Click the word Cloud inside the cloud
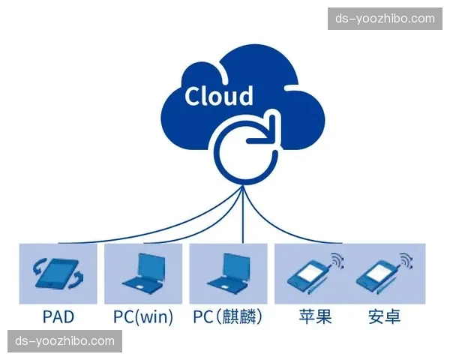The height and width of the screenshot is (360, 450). pyautogui.click(x=219, y=96)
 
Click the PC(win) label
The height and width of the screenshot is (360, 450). pyautogui.click(x=142, y=317)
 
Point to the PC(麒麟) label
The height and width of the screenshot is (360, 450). pyautogui.click(x=228, y=317)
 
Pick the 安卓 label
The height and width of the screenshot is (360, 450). pyautogui.click(x=384, y=317)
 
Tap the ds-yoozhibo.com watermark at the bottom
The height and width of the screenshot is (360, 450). pyautogui.click(x=66, y=341)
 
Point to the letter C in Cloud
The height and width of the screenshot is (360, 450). pyautogui.click(x=194, y=97)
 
